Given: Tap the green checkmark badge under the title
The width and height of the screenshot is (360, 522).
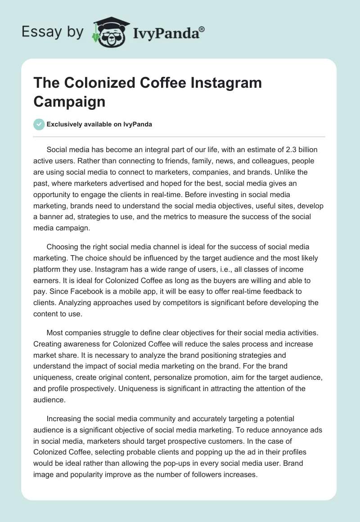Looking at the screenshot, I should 39,124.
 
